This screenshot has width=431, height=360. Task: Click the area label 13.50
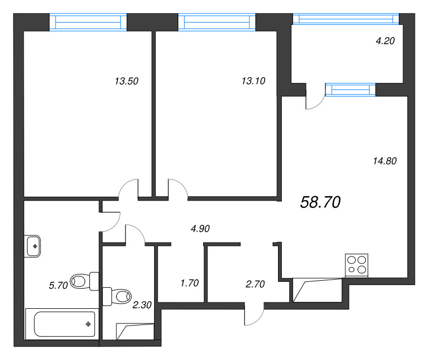point(127,82)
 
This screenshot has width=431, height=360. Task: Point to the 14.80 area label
point(385,160)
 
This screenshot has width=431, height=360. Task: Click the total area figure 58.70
point(320,202)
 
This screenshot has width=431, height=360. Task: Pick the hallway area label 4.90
point(200,229)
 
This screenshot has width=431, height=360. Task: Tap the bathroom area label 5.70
point(58,286)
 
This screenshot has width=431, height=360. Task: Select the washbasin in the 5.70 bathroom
point(34,246)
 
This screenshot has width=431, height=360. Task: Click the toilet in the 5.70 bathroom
point(85,280)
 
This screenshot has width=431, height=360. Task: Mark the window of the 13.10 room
point(217,22)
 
